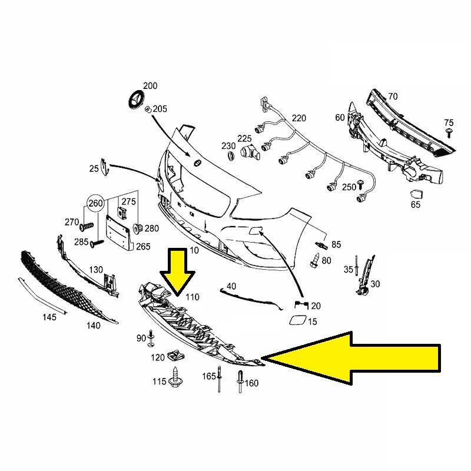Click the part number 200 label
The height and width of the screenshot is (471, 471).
point(150,86)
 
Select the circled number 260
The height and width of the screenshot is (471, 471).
point(95,204)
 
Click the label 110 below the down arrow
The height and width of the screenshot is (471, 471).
point(193,297)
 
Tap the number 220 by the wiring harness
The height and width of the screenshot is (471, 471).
point(299,118)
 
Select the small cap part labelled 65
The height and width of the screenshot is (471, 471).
point(416,195)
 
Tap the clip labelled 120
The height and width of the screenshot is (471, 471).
point(174,355)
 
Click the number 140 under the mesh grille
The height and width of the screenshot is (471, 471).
point(93,324)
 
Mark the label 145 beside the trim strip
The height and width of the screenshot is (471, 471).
point(49,317)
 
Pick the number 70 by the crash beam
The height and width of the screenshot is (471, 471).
point(393,96)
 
